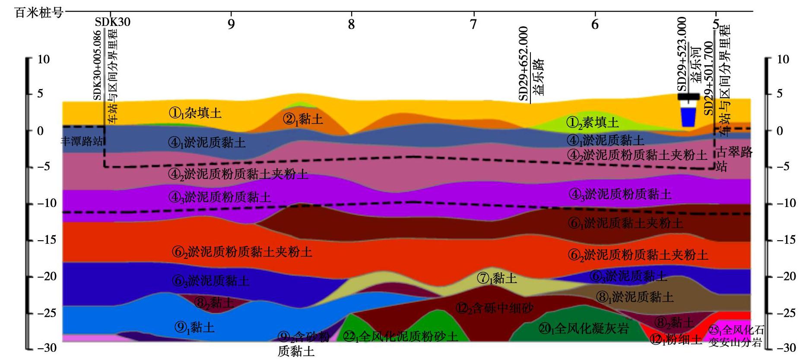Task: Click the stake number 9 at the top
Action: click(x=231, y=24)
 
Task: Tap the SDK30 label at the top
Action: click(x=113, y=22)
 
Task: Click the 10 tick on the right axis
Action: click(x=783, y=60)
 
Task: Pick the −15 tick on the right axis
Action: click(x=785, y=240)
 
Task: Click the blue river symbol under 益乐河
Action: click(x=689, y=117)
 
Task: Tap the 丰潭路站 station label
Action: click(x=82, y=141)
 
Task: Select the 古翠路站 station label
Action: click(x=734, y=159)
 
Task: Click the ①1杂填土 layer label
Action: click(x=195, y=113)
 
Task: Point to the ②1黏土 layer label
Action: click(x=303, y=119)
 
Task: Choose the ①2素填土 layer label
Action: click(x=592, y=123)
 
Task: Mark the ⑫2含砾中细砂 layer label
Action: click(x=495, y=308)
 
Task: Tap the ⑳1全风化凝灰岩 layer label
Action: click(x=584, y=328)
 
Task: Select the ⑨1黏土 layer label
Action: click(x=194, y=327)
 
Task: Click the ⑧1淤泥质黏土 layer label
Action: click(x=635, y=297)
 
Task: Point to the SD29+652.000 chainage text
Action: click(x=524, y=64)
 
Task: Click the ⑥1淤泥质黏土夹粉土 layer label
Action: click(x=626, y=223)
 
